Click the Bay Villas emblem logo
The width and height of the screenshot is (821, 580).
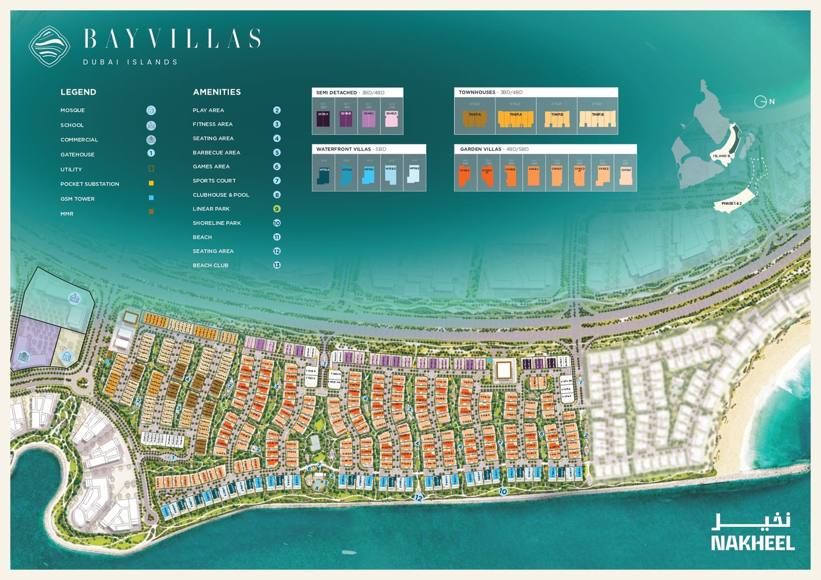[49, 47]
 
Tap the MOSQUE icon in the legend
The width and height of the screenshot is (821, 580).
[151, 111]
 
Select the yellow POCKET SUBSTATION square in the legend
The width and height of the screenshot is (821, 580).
[151, 184]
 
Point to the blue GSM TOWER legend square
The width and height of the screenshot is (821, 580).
[151, 198]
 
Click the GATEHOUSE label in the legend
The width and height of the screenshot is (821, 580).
[77, 155]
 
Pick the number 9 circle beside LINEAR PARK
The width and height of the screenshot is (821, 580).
[277, 209]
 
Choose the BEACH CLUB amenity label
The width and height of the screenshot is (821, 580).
[210, 265]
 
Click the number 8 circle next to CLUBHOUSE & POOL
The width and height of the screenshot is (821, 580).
[277, 195]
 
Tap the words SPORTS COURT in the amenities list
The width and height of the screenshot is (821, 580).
[214, 181]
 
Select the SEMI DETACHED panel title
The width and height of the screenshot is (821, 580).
[336, 92]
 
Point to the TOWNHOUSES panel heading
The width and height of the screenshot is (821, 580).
[476, 92]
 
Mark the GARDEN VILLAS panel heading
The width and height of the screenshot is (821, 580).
[480, 149]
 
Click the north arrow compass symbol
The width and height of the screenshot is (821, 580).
[760, 101]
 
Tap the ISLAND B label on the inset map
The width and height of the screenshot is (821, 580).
[720, 156]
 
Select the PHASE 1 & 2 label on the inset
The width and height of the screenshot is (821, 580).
[731, 204]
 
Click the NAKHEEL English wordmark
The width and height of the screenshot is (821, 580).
[753, 543]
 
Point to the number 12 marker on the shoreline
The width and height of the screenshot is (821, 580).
[418, 498]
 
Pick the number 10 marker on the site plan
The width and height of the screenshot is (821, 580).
[503, 491]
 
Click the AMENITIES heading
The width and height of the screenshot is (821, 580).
[216, 92]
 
